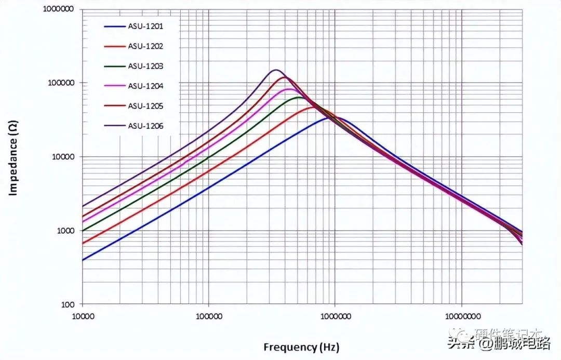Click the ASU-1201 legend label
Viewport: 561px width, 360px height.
pyautogui.click(x=146, y=26)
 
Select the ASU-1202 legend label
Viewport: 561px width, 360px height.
pyautogui.click(x=146, y=46)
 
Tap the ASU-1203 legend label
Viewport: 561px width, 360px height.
pyautogui.click(x=146, y=66)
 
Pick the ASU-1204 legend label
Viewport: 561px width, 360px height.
pyautogui.click(x=146, y=86)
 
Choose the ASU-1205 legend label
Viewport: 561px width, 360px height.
pyautogui.click(x=146, y=105)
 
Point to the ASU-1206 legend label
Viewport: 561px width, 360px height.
pyautogui.click(x=146, y=125)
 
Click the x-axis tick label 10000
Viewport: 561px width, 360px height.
pyautogui.click(x=82, y=315)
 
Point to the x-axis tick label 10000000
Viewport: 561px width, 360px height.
pyautogui.click(x=462, y=315)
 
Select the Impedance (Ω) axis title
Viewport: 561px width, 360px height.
pyautogui.click(x=14, y=157)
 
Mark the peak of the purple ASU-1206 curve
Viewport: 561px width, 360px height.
pyautogui.click(x=276, y=70)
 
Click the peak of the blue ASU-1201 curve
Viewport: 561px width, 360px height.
pyautogui.click(x=330, y=118)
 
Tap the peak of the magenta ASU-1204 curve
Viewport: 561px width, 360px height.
pyautogui.click(x=289, y=89)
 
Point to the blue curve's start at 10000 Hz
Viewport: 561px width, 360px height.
pyautogui.click(x=83, y=260)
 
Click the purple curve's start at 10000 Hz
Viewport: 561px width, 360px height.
pyautogui.click(x=83, y=206)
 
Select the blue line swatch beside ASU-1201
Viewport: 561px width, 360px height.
pyautogui.click(x=114, y=26)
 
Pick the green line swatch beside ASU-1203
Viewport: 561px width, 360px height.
pyautogui.click(x=114, y=66)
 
